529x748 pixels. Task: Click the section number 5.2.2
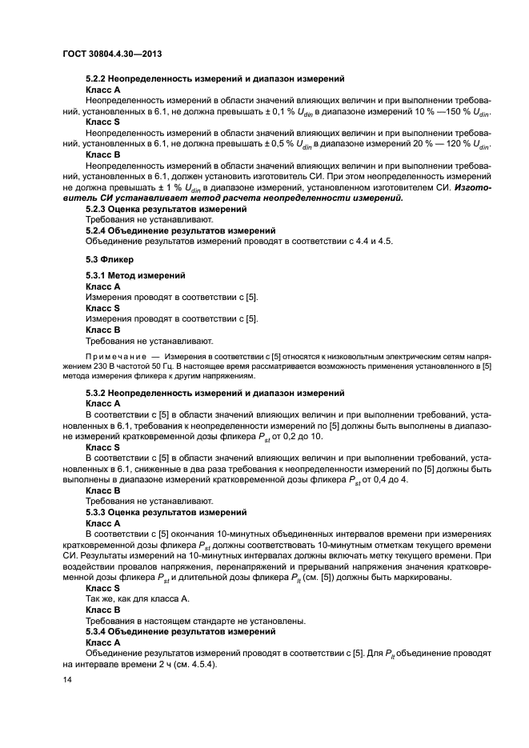pyautogui.click(x=98, y=79)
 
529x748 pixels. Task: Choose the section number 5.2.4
pyautogui.click(x=98, y=230)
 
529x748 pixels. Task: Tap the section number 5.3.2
pyautogui.click(x=98, y=393)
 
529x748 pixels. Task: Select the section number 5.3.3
pyautogui.click(x=98, y=511)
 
